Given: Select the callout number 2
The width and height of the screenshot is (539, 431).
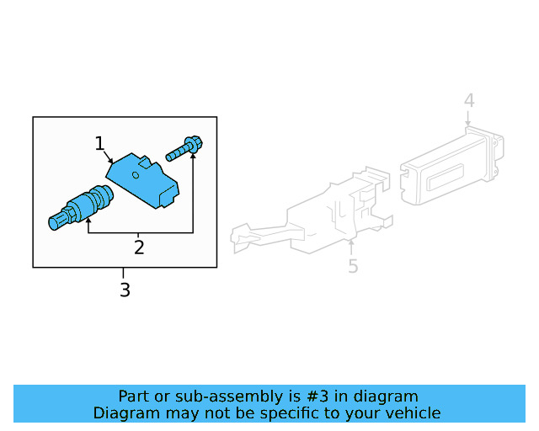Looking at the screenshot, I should [x=139, y=247].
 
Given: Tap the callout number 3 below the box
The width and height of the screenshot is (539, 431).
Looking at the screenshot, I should [x=125, y=290].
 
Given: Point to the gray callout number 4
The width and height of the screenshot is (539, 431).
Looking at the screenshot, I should [x=469, y=101].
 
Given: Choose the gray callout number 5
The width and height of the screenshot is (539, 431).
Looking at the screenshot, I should [x=353, y=266].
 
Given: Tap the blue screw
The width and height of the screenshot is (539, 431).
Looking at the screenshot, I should [x=184, y=149].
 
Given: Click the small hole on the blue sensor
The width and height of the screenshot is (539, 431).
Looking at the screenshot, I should [x=136, y=176].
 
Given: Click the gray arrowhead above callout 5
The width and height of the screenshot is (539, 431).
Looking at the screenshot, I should [x=351, y=245].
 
